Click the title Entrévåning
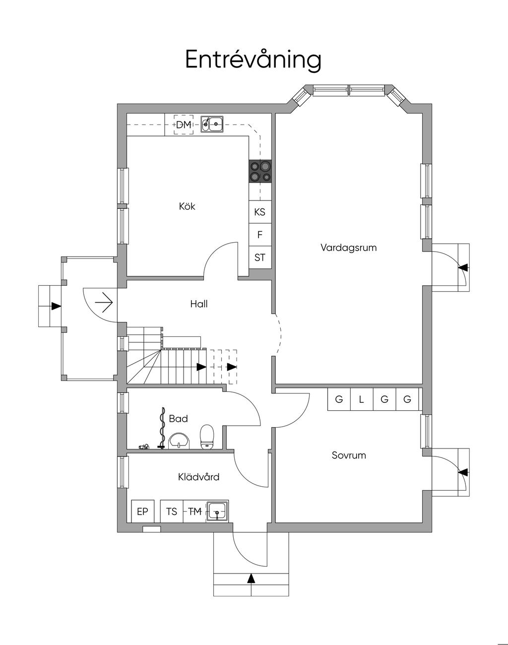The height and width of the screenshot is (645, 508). pyautogui.click(x=254, y=60)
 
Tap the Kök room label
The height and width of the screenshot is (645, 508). pyautogui.click(x=187, y=206)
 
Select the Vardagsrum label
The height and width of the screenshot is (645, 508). pyautogui.click(x=348, y=247)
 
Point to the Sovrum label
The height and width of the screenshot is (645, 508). pyautogui.click(x=349, y=455)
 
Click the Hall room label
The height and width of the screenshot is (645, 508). pyautogui.click(x=199, y=304)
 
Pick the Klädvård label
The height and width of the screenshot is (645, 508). pyautogui.click(x=198, y=477)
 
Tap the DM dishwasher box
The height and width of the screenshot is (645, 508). pyautogui.click(x=184, y=125)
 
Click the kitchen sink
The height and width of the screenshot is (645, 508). pyautogui.click(x=212, y=124)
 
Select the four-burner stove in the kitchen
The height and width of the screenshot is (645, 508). pyautogui.click(x=260, y=171)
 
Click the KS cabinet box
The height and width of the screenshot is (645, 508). pyautogui.click(x=260, y=212)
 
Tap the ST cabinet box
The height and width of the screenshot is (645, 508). pyautogui.click(x=260, y=258)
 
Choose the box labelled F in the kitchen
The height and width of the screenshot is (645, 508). pyautogui.click(x=260, y=235)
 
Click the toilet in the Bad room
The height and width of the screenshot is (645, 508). pyautogui.click(x=206, y=436)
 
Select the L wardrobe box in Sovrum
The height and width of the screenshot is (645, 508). pyautogui.click(x=362, y=399)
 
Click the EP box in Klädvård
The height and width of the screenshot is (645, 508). pyautogui.click(x=142, y=511)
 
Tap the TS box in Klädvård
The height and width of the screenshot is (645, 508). pyautogui.click(x=172, y=511)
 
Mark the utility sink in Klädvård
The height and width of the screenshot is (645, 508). pyautogui.click(x=217, y=511)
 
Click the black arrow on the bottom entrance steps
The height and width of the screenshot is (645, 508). pyautogui.click(x=251, y=578)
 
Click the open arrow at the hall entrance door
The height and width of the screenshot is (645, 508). pyautogui.click(x=105, y=302)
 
